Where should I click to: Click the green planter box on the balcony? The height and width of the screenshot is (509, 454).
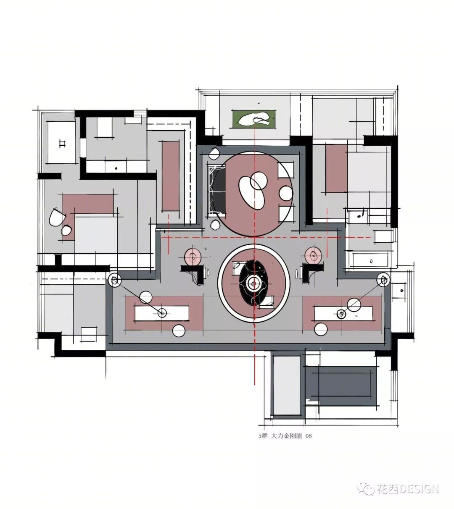point(254,119)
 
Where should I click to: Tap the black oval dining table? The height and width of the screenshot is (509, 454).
point(254,282)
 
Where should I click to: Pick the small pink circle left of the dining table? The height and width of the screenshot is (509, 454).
point(193,256)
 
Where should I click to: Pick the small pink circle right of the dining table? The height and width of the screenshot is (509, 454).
point(313,255)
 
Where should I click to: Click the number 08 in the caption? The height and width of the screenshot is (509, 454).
point(309,436)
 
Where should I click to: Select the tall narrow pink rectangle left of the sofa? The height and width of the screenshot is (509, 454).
point(171,176)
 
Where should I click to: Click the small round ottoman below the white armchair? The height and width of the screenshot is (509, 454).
point(66,230)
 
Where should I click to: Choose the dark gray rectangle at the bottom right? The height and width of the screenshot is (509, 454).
point(342,388)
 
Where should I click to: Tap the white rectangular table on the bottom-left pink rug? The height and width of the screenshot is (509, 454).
point(162,313)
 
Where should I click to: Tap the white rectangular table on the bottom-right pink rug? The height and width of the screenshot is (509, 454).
point(343,313)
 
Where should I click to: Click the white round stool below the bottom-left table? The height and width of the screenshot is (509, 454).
point(179,331)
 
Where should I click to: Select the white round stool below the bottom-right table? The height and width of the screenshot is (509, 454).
point(321,329)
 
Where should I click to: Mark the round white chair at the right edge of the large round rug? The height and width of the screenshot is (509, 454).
point(286,193)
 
